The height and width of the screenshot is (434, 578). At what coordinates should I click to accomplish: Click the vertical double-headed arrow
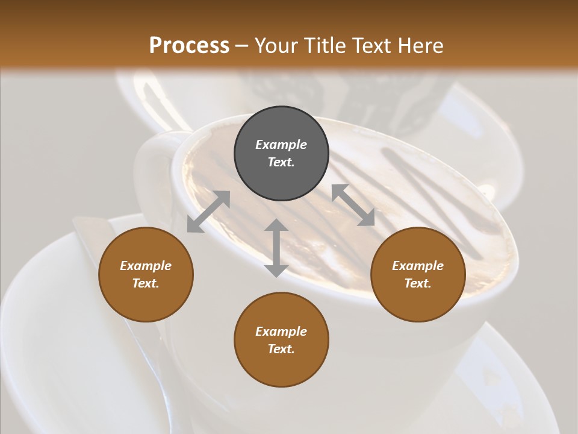pyautogui.click(x=276, y=248)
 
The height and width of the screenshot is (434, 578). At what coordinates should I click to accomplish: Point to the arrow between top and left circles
pyautogui.click(x=208, y=212)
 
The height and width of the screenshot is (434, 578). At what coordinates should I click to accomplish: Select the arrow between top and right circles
pyautogui.click(x=353, y=205)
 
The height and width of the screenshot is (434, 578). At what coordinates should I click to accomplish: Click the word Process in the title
pyautogui.click(x=189, y=45)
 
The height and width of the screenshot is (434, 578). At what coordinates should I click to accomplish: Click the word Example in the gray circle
pyautogui.click(x=281, y=145)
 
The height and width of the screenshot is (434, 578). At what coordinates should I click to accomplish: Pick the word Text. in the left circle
pyautogui.click(x=146, y=283)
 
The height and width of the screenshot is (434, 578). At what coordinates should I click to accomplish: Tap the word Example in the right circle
pyautogui.click(x=418, y=266)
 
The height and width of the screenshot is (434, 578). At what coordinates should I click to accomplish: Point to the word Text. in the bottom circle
pyautogui.click(x=281, y=349)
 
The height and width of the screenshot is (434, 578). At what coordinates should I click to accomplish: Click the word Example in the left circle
pyautogui.click(x=146, y=266)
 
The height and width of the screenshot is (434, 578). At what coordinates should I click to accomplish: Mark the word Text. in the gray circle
pyautogui.click(x=281, y=162)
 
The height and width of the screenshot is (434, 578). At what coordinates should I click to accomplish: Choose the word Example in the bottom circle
pyautogui.click(x=281, y=332)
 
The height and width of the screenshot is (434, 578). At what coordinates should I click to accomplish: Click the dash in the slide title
pyautogui.click(x=242, y=46)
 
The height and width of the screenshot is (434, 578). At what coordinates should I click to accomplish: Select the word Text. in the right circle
pyautogui.click(x=418, y=283)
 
